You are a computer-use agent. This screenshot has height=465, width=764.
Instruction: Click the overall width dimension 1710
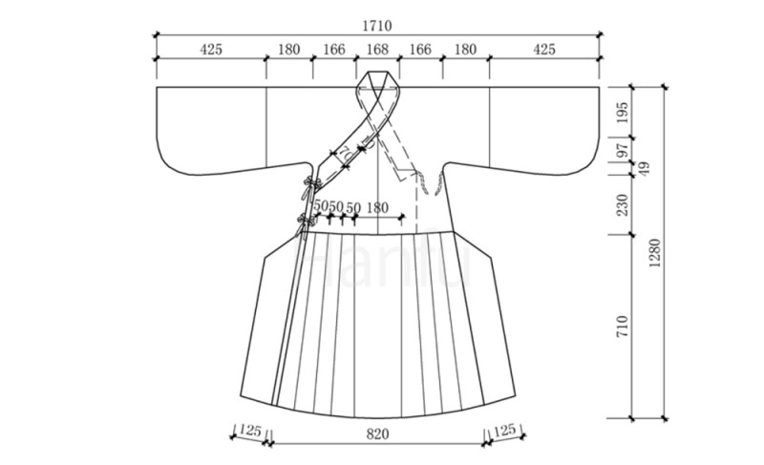pyautogui.click(x=376, y=26)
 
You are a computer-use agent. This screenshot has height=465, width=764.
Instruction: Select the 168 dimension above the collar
pyautogui.click(x=377, y=50)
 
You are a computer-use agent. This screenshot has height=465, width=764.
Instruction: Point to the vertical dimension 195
pyautogui.click(x=623, y=113)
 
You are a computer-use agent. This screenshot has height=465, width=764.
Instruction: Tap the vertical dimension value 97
pyautogui.click(x=623, y=148)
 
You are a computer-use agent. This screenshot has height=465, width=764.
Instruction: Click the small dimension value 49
pyautogui.click(x=644, y=169)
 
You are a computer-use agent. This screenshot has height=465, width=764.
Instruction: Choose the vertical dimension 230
pyautogui.click(x=623, y=205)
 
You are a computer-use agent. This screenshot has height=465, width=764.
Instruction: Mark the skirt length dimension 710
pyautogui.click(x=623, y=327)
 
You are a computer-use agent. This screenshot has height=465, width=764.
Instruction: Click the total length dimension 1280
pyautogui.click(x=654, y=253)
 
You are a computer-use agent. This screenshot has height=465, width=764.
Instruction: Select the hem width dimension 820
pyautogui.click(x=377, y=433)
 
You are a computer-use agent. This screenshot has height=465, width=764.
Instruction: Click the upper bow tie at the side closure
pyautogui.click(x=311, y=186)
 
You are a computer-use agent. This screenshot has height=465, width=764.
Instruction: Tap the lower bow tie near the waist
pyautogui.click(x=306, y=224)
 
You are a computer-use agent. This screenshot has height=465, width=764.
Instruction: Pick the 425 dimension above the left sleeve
pyautogui.click(x=211, y=50)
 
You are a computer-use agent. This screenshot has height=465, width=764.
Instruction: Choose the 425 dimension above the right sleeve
pyautogui.click(x=543, y=50)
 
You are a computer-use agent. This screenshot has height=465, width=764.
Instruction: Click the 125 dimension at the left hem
pyautogui.click(x=250, y=431)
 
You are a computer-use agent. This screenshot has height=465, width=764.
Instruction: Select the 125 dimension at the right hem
pyautogui.click(x=504, y=430)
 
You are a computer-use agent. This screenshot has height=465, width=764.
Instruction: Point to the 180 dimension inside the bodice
pyautogui.click(x=377, y=208)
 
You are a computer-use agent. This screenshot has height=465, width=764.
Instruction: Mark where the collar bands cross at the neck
pyautogui.click(x=378, y=96)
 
